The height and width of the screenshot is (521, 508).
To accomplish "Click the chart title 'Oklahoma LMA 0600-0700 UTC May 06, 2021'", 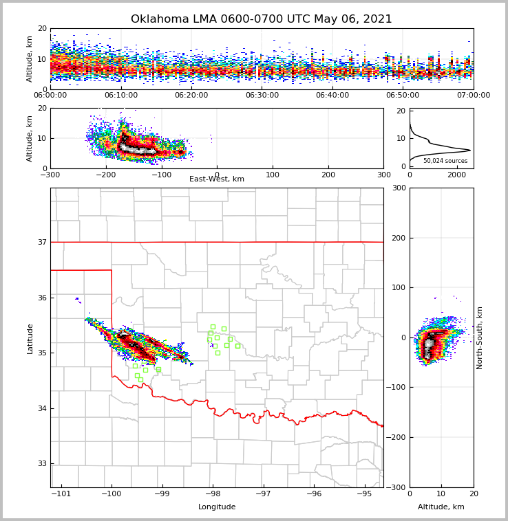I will (x=262, y=19).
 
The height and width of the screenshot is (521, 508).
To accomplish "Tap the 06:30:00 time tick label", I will (x=262, y=96).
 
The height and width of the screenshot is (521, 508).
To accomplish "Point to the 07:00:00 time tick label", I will (x=473, y=96).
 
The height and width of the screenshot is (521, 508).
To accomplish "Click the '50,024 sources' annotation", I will (x=445, y=161).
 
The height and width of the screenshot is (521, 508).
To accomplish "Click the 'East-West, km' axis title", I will (x=217, y=179).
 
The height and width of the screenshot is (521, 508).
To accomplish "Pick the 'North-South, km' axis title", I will (x=480, y=337).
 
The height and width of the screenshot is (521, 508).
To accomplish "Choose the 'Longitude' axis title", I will (x=217, y=507).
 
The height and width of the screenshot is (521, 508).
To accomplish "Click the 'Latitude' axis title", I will (x=30, y=338).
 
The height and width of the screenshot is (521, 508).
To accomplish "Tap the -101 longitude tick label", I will (x=61, y=494).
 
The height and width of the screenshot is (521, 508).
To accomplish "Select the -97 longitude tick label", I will (x=264, y=494).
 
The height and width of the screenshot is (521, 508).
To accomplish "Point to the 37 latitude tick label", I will (x=41, y=242).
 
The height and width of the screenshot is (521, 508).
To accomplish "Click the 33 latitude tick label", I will (x=41, y=463).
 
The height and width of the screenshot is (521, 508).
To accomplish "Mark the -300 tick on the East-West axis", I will (x=50, y=175).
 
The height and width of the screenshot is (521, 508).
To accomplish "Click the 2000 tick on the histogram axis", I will (x=457, y=175).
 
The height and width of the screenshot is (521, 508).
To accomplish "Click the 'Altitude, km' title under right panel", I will (x=441, y=507).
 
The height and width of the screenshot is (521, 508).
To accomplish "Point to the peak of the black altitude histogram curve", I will (x=470, y=150).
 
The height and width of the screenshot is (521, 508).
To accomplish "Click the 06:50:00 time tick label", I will (x=403, y=96).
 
